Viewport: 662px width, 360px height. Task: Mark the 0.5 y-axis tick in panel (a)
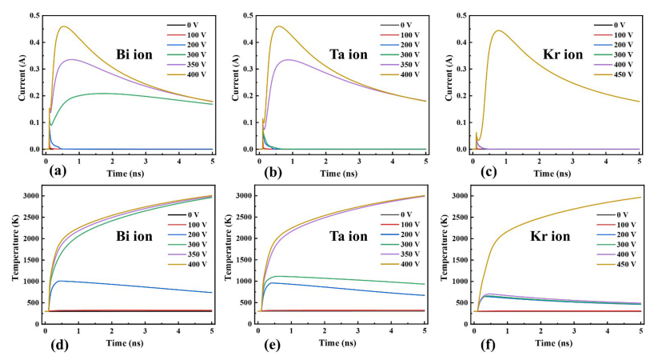click(35, 15)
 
